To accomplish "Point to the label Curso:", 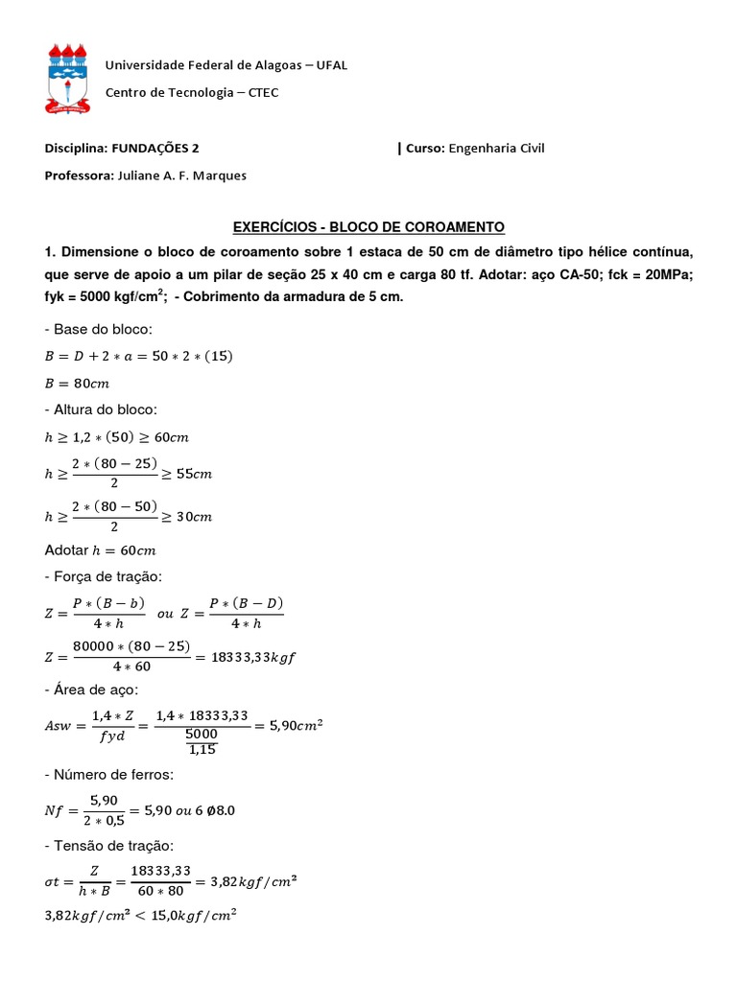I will pos(425,148).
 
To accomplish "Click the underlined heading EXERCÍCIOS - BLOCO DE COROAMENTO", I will pos(369,227).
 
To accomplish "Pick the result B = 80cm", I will pos(78,384).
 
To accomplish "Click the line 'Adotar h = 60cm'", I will pos(100,550).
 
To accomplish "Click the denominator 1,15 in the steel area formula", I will pos(202,749).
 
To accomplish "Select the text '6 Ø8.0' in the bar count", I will pos(212,810).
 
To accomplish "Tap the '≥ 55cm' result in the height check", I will pos(187,474).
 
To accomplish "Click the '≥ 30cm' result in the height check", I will pos(188,517).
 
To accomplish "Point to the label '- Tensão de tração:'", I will pos(109,845).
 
